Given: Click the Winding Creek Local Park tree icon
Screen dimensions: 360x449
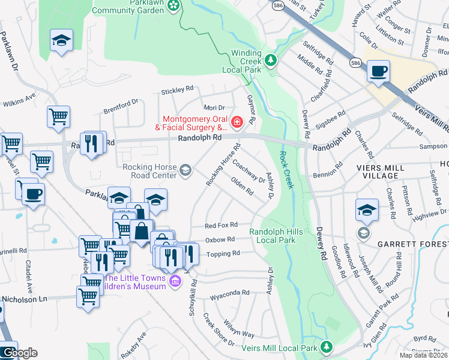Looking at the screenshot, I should pyautogui.click(x=271, y=60).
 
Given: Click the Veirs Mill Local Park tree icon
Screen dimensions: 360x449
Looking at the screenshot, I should pyautogui.click(x=327, y=347).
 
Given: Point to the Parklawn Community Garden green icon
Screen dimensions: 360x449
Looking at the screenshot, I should pyautogui.click(x=173, y=6).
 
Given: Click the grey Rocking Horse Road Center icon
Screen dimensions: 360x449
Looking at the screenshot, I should pyautogui.click(x=185, y=171).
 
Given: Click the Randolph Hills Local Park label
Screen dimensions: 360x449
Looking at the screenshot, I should pyautogui.click(x=273, y=236).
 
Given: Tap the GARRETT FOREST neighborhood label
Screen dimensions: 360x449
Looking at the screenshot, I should pyautogui.click(x=413, y=244).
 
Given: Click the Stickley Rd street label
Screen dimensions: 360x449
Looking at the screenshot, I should pyautogui.click(x=177, y=91).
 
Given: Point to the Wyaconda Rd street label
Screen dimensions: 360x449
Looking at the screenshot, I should pyautogui.click(x=229, y=294).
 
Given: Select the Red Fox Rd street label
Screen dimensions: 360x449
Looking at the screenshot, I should pyautogui.click(x=220, y=226).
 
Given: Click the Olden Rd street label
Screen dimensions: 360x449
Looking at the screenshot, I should pyautogui.click(x=241, y=188).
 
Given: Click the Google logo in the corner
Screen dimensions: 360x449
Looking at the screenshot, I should pyautogui.click(x=19, y=353).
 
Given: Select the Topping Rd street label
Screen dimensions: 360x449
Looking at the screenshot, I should pyautogui.click(x=223, y=254).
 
